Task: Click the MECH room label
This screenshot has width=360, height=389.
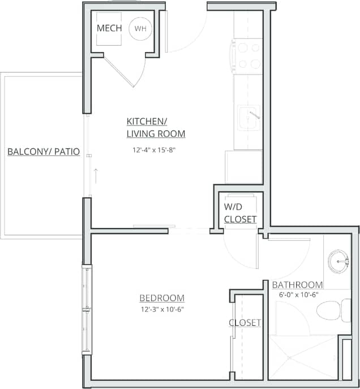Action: [x=109, y=28]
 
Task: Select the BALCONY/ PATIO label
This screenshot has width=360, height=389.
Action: [x=43, y=152]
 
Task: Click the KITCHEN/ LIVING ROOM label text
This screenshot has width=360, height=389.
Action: [x=155, y=128]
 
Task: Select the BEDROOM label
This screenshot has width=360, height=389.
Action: [x=162, y=298]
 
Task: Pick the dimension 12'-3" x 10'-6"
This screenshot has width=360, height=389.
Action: [x=162, y=309]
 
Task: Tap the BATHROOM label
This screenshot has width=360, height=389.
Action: [x=297, y=285]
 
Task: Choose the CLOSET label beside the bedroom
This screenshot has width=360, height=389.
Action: [x=245, y=323]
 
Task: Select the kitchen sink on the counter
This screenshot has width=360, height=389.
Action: [x=249, y=118]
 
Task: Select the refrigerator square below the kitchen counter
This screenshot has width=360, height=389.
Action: [x=243, y=166]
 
